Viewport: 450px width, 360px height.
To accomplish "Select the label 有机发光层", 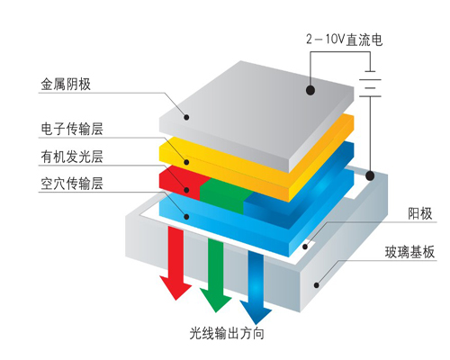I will [72, 157].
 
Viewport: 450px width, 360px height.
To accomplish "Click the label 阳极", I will [419, 213].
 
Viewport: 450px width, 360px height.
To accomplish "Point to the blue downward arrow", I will [255, 283].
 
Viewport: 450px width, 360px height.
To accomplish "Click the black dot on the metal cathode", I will [310, 90].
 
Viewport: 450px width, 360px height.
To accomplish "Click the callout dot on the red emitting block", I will [187, 188].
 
